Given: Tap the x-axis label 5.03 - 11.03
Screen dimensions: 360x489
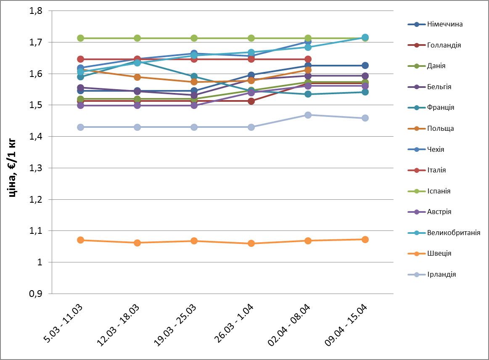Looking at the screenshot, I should [63, 326].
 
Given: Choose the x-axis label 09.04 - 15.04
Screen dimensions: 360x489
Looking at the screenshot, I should [347, 326].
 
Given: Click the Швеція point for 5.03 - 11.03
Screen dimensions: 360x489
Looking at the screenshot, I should [81, 240].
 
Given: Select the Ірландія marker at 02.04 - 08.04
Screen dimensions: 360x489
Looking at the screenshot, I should [308, 115].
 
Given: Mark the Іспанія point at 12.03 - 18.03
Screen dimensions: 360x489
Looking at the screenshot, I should [137, 38].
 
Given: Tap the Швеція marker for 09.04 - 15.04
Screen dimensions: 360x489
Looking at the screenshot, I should [365, 240].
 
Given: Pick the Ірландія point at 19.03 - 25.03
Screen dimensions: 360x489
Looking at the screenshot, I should [194, 127].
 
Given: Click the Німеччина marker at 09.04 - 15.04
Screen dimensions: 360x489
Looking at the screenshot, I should [365, 66].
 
